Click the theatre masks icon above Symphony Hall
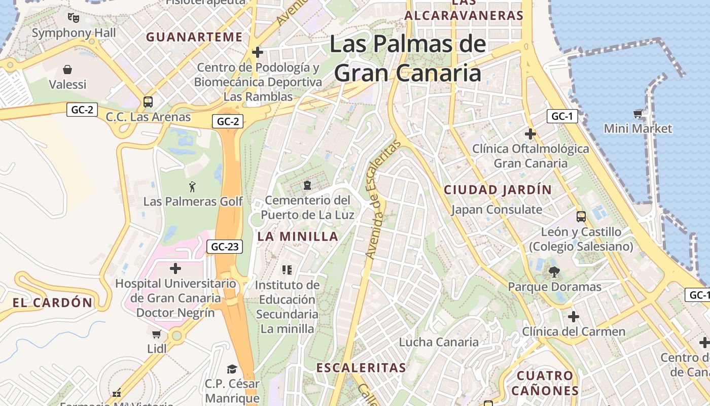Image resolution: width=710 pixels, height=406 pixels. (x=74, y=18)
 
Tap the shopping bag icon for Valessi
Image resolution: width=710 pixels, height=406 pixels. (x=67, y=70)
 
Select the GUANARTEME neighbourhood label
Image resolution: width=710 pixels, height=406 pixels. (x=194, y=37)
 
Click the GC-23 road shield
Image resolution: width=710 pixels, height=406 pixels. (x=225, y=247)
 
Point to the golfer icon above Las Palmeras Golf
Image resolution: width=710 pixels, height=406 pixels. (x=192, y=187)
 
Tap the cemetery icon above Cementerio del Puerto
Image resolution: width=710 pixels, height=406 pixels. (x=307, y=185)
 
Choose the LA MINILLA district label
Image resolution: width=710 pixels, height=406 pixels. (x=298, y=236)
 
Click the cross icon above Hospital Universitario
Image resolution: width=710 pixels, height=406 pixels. (x=175, y=268)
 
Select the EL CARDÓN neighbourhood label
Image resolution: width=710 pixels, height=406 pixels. (x=53, y=303)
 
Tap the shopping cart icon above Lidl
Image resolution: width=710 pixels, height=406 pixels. (x=157, y=334)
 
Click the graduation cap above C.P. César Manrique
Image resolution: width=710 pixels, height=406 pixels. (x=232, y=369)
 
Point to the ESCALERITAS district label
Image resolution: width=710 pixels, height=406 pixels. (x=361, y=367)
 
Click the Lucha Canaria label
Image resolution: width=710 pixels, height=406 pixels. (x=439, y=342)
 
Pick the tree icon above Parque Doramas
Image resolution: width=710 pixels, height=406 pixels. (x=554, y=272)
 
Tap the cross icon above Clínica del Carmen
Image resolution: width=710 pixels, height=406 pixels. (x=574, y=317)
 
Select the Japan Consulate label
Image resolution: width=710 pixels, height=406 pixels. (x=496, y=210)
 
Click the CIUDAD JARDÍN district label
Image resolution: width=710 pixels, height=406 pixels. (x=498, y=190)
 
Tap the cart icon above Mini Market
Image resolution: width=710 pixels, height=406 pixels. (x=637, y=114)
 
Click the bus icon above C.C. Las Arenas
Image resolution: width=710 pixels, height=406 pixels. (x=148, y=102)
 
